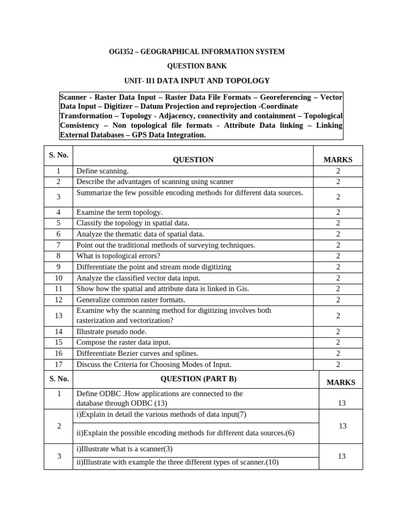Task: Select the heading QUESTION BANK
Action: pyautogui.click(x=197, y=66)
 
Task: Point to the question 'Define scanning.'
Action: pyautogui.click(x=103, y=171)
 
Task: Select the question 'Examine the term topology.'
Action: pyautogui.click(x=119, y=212)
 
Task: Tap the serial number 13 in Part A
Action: pyautogui.click(x=58, y=315)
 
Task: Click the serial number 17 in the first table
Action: pyautogui.click(x=58, y=365)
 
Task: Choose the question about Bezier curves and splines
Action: pyautogui.click(x=137, y=353)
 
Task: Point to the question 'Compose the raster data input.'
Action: pyautogui.click(x=124, y=342)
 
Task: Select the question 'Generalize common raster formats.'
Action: pyautogui.click(x=131, y=299)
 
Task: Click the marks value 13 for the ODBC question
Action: pyautogui.click(x=342, y=403)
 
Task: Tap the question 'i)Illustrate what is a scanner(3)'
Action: pyautogui.click(x=125, y=449)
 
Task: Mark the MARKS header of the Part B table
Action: pyautogui.click(x=341, y=382)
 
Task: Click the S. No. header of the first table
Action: pyautogui.click(x=58, y=155)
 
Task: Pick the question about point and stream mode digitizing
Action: pyautogui.click(x=154, y=267)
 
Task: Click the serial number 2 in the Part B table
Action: pyautogui.click(x=58, y=426)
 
